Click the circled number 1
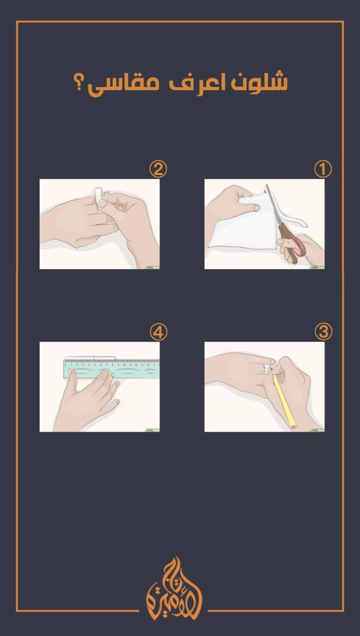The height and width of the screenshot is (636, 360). (323, 169)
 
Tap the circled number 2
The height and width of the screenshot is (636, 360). (158, 169)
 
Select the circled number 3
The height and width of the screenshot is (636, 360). (323, 331)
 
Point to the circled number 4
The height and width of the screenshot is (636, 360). (158, 331)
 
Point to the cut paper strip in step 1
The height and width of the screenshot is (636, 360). (293, 218)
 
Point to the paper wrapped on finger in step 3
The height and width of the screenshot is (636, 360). (267, 368)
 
